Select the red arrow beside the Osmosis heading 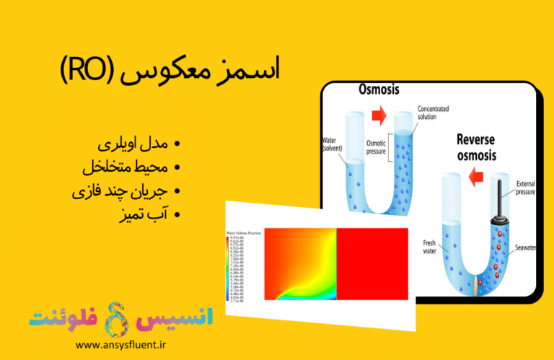(379, 114)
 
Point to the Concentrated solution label (436, 114)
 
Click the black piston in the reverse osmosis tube (497, 203)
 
